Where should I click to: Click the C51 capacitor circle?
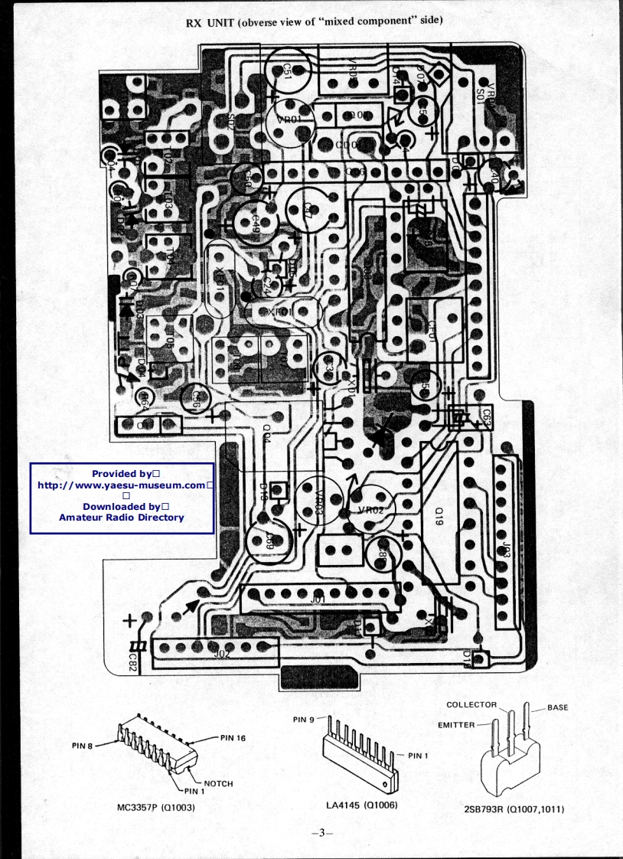[287, 69]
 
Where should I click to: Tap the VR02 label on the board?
[370, 509]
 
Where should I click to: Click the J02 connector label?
[222, 653]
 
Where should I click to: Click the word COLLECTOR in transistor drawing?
[471, 704]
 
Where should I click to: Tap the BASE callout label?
[557, 707]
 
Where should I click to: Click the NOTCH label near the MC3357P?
[218, 783]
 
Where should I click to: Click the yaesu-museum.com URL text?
[122, 485]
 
